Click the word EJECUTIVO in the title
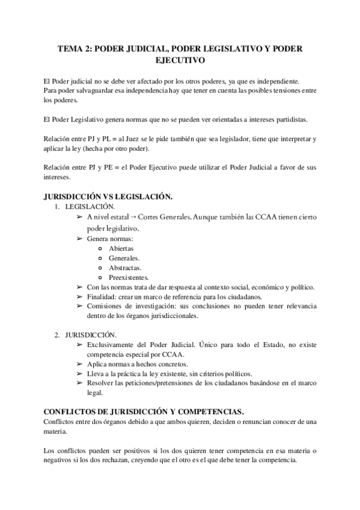tap(180, 60)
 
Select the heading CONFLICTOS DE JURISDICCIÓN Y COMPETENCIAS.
tap(144, 411)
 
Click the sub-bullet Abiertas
tap(121, 248)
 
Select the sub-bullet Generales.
tap(124, 257)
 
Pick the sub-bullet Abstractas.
tap(125, 268)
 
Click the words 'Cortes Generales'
tap(166, 217)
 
